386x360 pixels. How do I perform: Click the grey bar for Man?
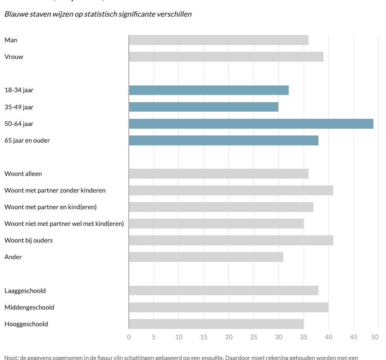(x=218, y=40)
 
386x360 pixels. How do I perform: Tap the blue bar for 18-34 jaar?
(x=209, y=90)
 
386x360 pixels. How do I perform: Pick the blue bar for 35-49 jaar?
(x=204, y=107)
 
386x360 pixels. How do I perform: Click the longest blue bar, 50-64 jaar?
(x=251, y=124)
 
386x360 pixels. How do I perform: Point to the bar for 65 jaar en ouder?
(x=223, y=140)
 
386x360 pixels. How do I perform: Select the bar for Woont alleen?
(x=218, y=174)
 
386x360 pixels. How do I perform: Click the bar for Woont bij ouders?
(x=231, y=240)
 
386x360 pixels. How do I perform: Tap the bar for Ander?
(x=206, y=257)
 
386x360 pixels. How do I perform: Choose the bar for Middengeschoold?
(x=228, y=307)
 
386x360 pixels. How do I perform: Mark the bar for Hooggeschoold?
(x=216, y=324)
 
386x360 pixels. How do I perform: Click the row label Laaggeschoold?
(x=25, y=291)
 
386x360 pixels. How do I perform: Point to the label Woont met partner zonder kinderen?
(x=55, y=190)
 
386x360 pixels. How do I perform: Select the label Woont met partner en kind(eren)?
(x=50, y=207)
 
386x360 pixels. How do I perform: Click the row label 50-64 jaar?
(x=19, y=124)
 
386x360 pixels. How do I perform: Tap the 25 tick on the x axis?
(x=254, y=337)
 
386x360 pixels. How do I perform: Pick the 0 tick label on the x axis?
(x=129, y=337)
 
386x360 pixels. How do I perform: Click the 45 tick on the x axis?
(x=354, y=337)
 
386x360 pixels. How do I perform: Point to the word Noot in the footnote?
(x=11, y=358)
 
